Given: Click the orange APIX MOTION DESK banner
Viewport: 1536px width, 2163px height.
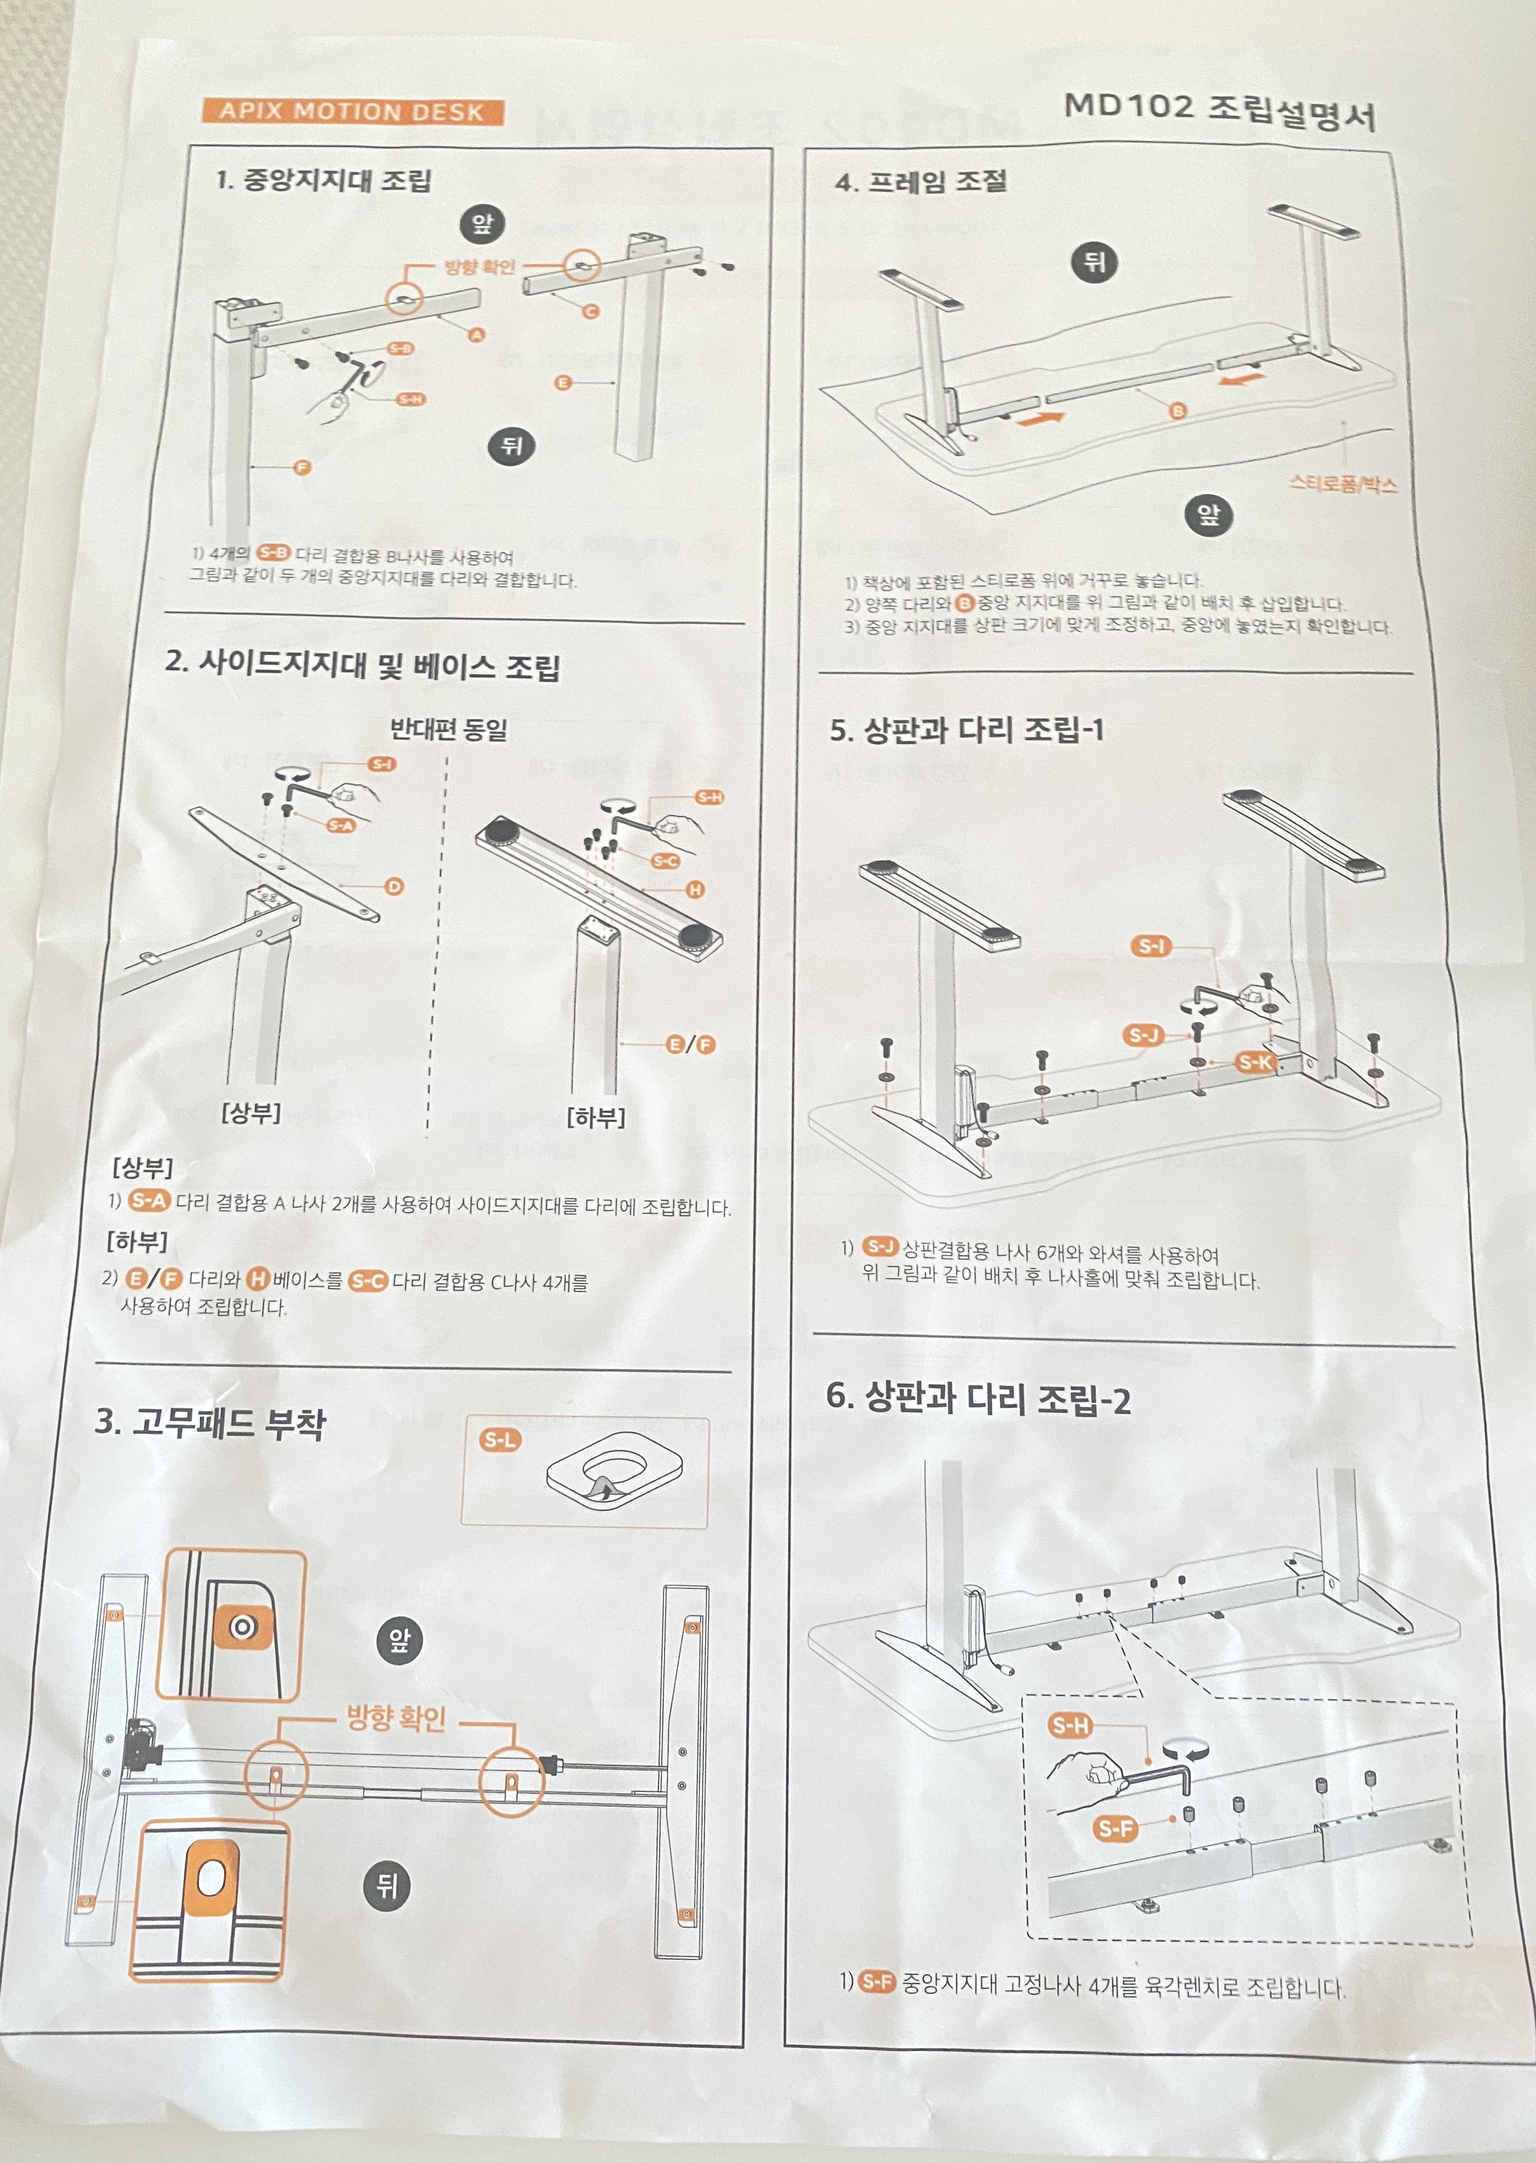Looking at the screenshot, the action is tap(352, 112).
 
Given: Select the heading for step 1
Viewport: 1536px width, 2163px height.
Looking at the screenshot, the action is tap(323, 180).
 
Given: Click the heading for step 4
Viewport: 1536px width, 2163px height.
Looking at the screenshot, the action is tap(921, 182).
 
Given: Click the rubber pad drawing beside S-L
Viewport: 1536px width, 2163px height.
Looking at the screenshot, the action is tap(614, 1472).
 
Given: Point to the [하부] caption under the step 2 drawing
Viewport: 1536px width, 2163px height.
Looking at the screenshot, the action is tap(596, 1117).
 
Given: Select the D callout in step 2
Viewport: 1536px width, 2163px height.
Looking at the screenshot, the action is tap(394, 886).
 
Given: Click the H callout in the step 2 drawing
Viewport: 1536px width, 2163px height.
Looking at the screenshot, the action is tap(695, 889).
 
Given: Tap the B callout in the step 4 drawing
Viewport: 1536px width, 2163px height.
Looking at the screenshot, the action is tap(1178, 410).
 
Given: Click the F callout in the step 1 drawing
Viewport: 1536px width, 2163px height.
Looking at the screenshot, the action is tap(302, 467).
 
